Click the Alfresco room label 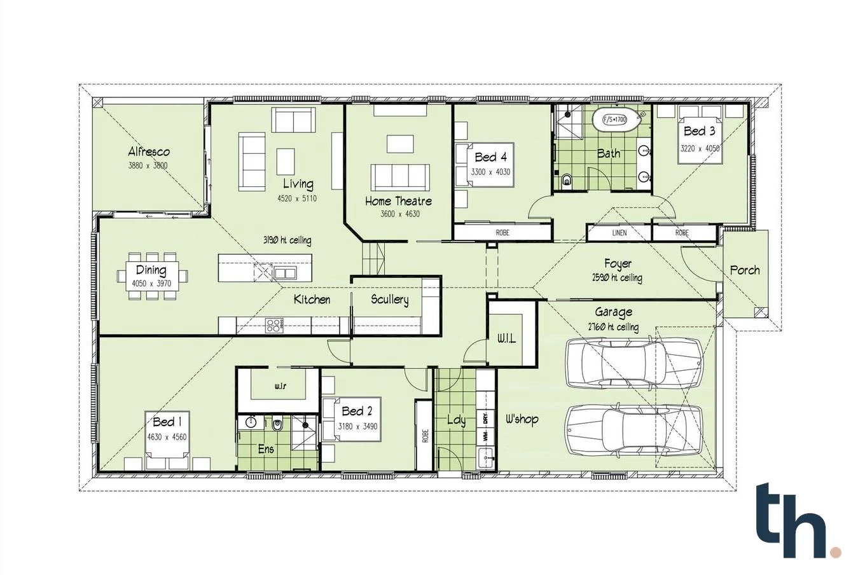point(149,152)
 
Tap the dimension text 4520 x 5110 point(296,199)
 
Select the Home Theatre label point(398,201)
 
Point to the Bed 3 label point(699,132)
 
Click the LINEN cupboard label point(619,233)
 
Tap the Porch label point(745,270)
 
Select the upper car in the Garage point(633,363)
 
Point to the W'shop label point(522,419)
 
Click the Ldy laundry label point(456,420)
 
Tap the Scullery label point(389,300)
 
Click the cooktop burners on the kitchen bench point(274,326)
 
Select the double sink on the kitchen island point(285,274)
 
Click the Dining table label point(151,270)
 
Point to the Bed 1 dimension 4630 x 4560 point(167,437)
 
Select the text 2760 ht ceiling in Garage point(613,328)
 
